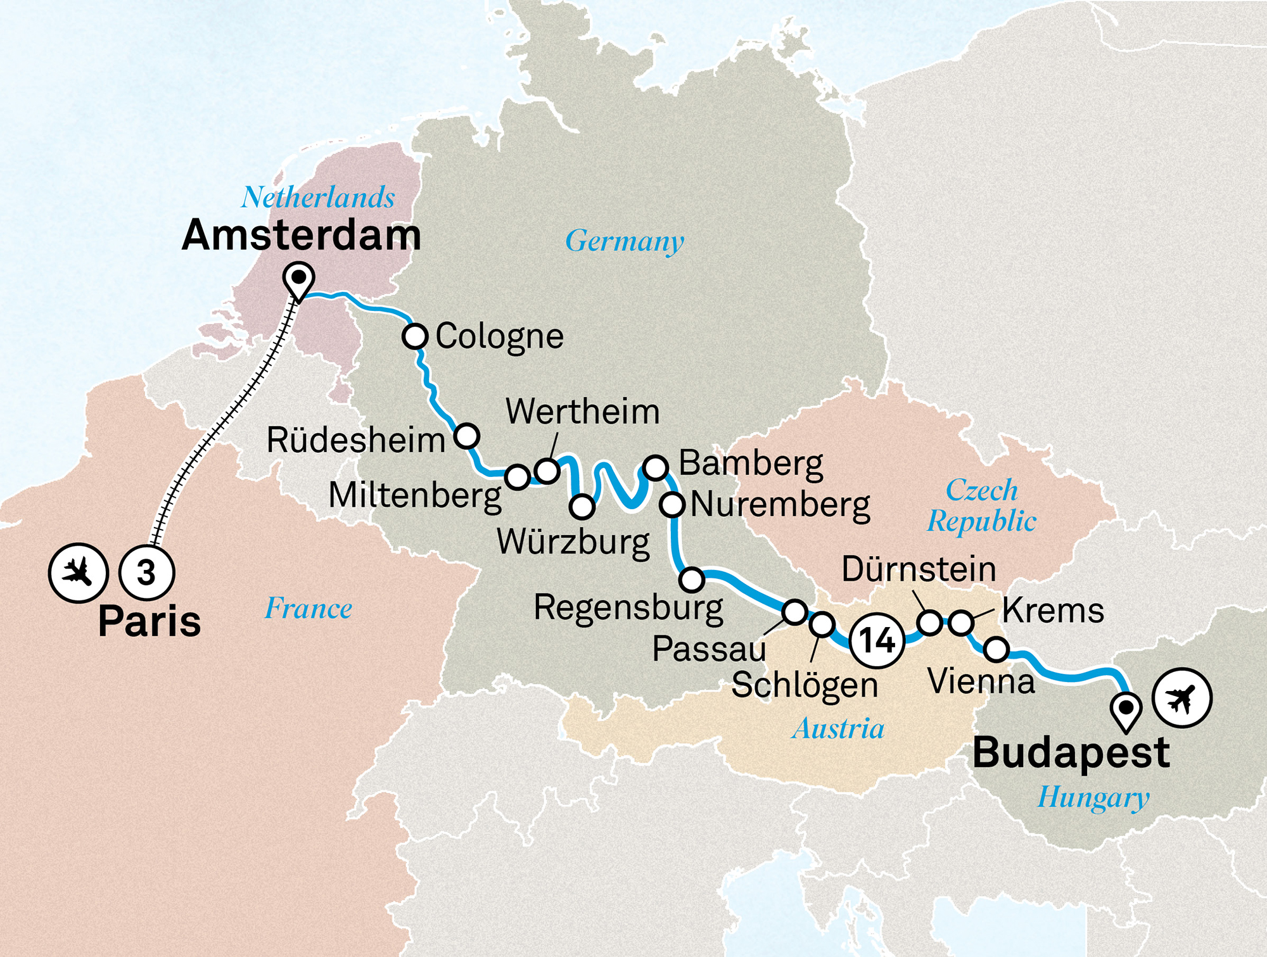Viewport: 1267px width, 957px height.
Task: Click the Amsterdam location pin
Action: pyautogui.click(x=299, y=281)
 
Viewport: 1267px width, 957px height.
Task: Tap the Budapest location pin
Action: pyautogui.click(x=1126, y=709)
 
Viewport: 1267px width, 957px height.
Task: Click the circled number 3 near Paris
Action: pyautogui.click(x=147, y=573)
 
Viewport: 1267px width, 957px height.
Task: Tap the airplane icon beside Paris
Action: pyautogui.click(x=79, y=573)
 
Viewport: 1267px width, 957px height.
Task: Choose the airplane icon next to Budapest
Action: pyautogui.click(x=1181, y=698)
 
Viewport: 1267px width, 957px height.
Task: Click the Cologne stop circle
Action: pyautogui.click(x=415, y=336)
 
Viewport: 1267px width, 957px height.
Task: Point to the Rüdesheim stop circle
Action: pyautogui.click(x=467, y=436)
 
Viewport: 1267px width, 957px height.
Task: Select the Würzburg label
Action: pyautogui.click(x=573, y=542)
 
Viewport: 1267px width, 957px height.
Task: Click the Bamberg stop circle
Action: pyautogui.click(x=656, y=467)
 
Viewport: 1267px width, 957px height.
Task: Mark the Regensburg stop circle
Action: pyautogui.click(x=692, y=578)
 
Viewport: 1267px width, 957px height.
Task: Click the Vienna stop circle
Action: pyautogui.click(x=996, y=649)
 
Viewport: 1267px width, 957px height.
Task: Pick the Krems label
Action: pyautogui.click(x=1053, y=611)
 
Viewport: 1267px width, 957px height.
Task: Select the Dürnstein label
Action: pyautogui.click(x=919, y=569)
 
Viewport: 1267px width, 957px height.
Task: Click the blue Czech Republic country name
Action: pyautogui.click(x=981, y=506)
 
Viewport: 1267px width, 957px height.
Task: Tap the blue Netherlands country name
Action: pyautogui.click(x=318, y=198)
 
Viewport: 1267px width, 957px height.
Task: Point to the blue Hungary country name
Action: pyautogui.click(x=1093, y=797)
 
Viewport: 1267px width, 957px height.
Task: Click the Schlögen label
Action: pyautogui.click(x=805, y=685)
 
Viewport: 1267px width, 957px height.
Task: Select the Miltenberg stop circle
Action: pyautogui.click(x=518, y=477)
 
